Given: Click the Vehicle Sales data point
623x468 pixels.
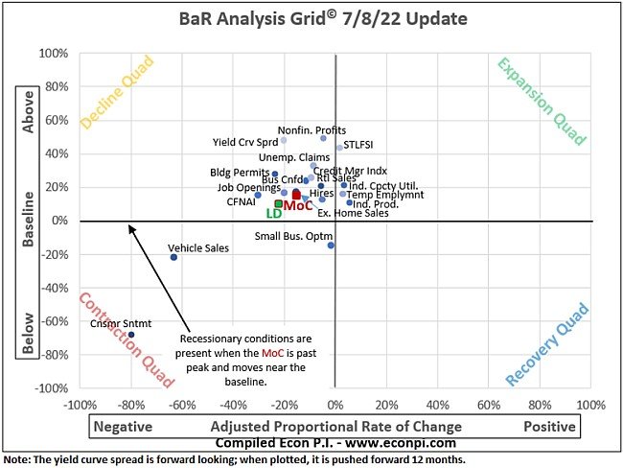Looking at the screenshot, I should point(173,257).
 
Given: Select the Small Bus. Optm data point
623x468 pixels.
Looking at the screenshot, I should point(331,246).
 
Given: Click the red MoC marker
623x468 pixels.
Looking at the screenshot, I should point(297,195).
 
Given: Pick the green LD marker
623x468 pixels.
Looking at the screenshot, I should point(278,203).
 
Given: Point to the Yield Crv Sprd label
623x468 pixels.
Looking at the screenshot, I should point(244,142).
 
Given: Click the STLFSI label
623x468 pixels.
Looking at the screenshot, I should point(358,145).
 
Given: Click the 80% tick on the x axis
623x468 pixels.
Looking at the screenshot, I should point(541,404).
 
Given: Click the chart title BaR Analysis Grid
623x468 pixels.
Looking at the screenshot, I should point(282,18).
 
